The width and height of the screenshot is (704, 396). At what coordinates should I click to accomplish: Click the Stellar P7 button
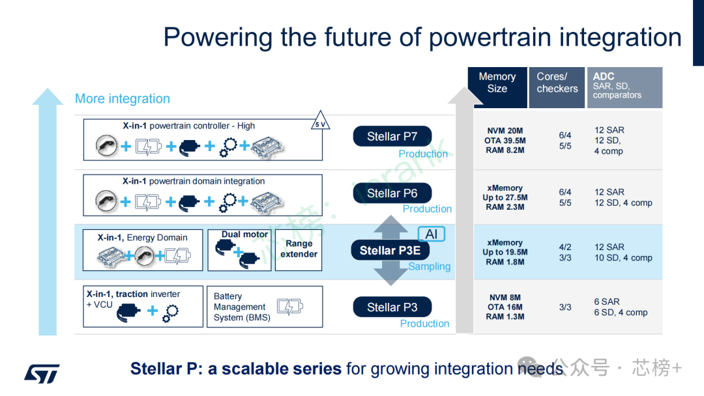(392, 136)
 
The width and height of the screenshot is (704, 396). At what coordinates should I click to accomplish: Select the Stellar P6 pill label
(392, 193)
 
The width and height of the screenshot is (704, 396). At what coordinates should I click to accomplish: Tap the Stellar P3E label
(390, 250)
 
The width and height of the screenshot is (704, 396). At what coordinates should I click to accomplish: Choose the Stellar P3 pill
(392, 307)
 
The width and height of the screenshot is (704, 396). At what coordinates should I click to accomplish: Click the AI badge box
(431, 234)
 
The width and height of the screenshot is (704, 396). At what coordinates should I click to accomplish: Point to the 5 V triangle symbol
(319, 124)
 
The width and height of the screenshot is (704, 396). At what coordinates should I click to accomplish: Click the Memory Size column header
(497, 83)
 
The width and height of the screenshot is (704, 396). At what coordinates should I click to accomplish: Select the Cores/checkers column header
(557, 83)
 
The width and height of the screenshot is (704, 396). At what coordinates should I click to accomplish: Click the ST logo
(42, 373)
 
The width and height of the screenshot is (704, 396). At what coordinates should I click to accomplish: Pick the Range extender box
(299, 249)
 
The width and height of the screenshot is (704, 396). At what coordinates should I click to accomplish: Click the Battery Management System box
(264, 307)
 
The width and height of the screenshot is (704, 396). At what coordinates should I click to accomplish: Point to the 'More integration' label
(123, 98)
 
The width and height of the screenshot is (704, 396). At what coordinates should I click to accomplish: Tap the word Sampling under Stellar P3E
(430, 266)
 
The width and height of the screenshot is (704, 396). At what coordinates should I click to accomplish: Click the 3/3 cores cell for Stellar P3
(565, 307)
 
